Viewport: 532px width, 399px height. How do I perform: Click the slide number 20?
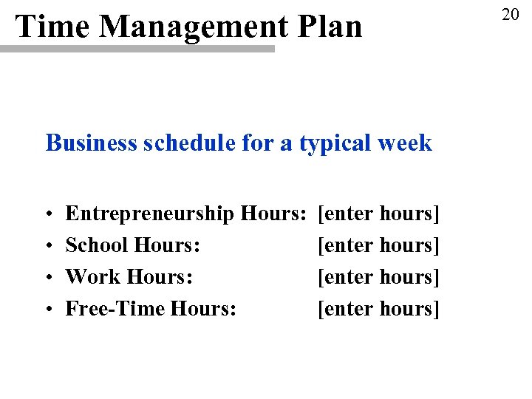(511, 14)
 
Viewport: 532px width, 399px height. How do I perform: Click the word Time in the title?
(52, 27)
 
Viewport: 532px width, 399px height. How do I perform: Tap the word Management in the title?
(194, 27)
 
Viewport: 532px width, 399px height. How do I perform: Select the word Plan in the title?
(330, 27)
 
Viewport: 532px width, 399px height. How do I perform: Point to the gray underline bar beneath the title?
(137, 49)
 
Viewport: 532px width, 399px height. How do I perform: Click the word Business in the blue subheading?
(90, 142)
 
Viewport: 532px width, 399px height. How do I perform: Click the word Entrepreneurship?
(150, 214)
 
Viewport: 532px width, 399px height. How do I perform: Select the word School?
(93, 245)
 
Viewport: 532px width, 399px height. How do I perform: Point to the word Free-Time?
(115, 307)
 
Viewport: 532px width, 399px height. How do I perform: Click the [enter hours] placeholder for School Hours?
(378, 245)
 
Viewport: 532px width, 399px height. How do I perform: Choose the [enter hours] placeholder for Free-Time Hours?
(378, 308)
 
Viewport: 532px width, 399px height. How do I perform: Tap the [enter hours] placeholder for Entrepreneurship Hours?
(378, 214)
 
